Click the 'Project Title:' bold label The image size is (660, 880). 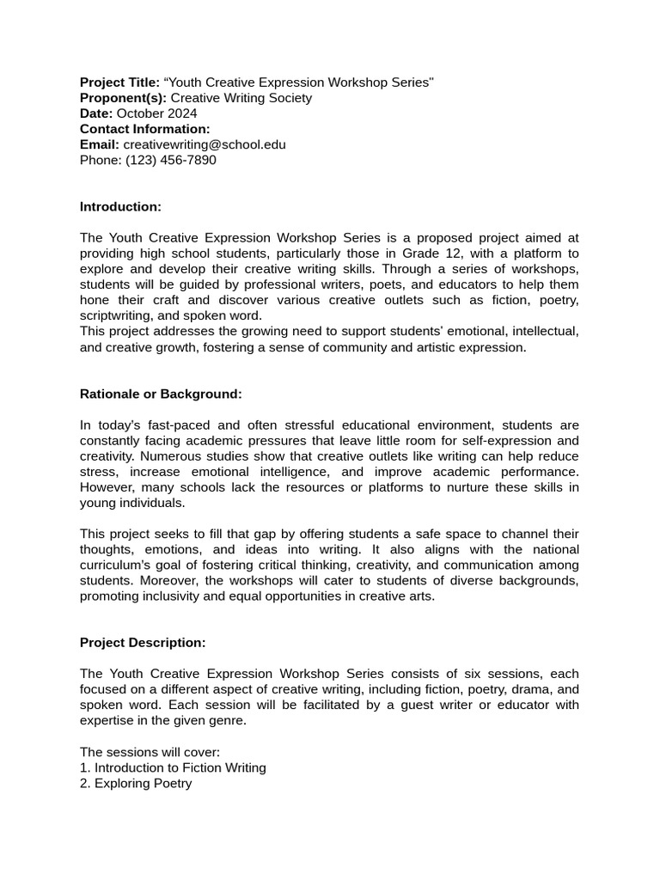[119, 82]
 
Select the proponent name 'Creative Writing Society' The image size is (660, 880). [241, 98]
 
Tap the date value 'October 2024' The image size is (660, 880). [156, 113]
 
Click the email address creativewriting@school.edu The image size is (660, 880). [205, 144]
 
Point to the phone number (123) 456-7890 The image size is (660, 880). [171, 160]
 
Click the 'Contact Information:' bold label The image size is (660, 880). [144, 129]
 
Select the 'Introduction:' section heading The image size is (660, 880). [120, 207]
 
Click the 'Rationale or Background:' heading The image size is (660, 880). [161, 394]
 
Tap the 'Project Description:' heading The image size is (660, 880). [143, 643]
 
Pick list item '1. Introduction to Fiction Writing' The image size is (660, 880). [173, 768]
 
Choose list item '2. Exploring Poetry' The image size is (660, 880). [136, 784]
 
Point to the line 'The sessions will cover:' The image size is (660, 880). [150, 753]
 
